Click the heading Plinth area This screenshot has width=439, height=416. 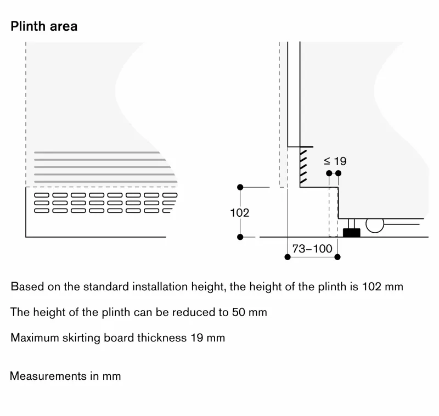tap(44, 26)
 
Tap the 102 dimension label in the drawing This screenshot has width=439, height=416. tap(240, 213)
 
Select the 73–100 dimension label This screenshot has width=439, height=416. tap(312, 249)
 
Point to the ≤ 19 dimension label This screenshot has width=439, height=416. tap(335, 161)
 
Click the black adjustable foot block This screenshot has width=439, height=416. tap(352, 233)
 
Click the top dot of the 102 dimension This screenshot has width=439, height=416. tap(240, 187)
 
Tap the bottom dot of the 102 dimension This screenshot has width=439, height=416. tap(240, 237)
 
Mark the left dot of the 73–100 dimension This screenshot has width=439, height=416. tap(288, 257)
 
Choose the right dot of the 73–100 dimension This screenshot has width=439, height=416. tap(337, 257)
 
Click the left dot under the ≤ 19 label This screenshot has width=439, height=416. tap(329, 173)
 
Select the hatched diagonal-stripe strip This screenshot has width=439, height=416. tap(303, 167)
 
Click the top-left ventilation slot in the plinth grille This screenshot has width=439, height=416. tap(42, 195)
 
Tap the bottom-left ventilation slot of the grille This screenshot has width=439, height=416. tap(42, 211)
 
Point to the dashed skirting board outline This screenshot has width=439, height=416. tap(334, 212)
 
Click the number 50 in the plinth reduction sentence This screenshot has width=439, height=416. tap(239, 312)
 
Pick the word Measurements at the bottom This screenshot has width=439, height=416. tap(48, 376)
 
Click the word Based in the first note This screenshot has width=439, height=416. tap(27, 286)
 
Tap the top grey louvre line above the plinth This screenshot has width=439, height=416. tap(97, 153)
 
